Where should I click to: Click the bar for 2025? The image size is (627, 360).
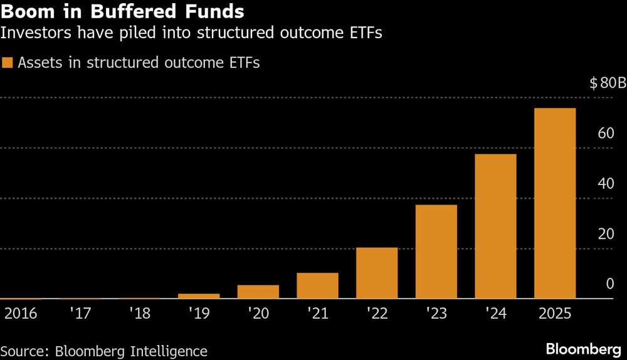(x=554, y=204)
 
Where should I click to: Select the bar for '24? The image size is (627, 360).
(x=495, y=226)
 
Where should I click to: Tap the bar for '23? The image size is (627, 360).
(x=436, y=252)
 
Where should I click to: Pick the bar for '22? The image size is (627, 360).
(x=377, y=273)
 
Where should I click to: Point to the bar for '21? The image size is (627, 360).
(x=317, y=286)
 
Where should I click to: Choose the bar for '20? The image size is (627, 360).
(x=258, y=292)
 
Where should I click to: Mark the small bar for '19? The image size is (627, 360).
(x=199, y=296)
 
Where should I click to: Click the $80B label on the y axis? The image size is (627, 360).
(x=608, y=83)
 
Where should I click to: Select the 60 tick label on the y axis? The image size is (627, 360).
(x=605, y=133)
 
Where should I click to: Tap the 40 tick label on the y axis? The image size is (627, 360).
(x=605, y=184)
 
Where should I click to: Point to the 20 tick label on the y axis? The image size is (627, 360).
(x=605, y=234)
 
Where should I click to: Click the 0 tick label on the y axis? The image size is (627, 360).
(x=609, y=284)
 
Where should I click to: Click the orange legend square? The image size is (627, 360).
(x=8, y=62)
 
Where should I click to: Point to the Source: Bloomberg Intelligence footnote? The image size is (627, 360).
(x=103, y=351)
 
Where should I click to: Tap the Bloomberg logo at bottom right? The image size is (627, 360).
(x=584, y=349)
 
